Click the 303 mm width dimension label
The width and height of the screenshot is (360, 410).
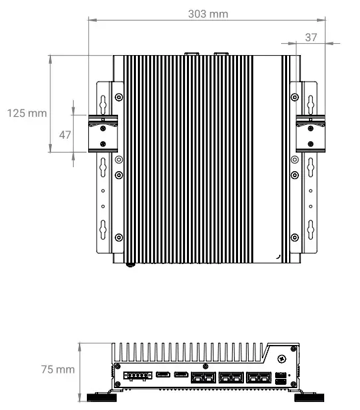pyautogui.click(x=208, y=14)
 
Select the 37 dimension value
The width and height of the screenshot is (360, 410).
pyautogui.click(x=311, y=38)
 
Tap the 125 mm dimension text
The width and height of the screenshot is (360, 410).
pyautogui.click(x=27, y=113)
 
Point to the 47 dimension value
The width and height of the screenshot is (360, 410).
pyautogui.click(x=65, y=135)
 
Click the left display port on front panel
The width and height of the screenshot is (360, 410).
pyautogui.click(x=163, y=376)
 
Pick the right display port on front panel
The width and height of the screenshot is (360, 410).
pyautogui.click(x=180, y=376)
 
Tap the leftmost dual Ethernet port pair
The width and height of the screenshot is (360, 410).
pyautogui.click(x=202, y=378)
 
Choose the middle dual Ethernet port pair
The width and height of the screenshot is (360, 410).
pyautogui.click(x=230, y=378)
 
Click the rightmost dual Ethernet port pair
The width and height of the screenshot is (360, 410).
pyautogui.click(x=258, y=378)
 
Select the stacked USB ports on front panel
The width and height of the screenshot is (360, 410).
pyautogui.click(x=281, y=378)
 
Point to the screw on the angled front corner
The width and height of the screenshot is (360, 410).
pyautogui.click(x=282, y=359)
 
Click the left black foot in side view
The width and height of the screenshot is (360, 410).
pyautogui.click(x=101, y=397)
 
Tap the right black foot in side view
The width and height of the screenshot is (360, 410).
pyautogui.click(x=309, y=397)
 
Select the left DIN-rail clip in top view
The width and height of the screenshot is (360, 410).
pyautogui.click(x=103, y=132)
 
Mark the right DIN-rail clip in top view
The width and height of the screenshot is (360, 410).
pyautogui.click(x=310, y=132)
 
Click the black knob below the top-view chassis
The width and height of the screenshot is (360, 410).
pyautogui.click(x=131, y=264)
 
